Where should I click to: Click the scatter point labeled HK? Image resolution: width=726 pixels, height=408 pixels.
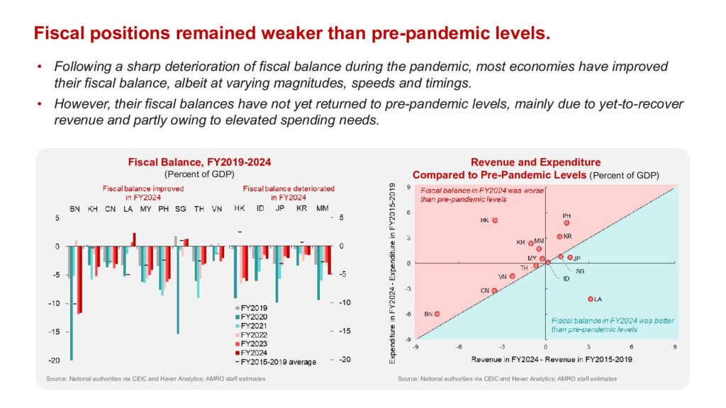[495, 220]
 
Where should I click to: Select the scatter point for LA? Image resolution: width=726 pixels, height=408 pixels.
[590, 299]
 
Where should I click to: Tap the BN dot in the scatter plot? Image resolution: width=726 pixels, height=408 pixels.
[437, 314]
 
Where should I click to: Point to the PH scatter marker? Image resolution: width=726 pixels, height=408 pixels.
[566, 222]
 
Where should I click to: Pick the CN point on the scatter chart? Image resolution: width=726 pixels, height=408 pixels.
[494, 290]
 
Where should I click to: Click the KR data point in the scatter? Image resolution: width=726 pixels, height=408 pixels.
[559, 237]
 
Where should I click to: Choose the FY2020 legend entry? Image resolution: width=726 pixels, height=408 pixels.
[256, 317]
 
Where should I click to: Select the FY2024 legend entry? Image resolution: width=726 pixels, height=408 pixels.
[256, 352]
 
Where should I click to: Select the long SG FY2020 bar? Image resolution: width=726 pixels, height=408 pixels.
[178, 290]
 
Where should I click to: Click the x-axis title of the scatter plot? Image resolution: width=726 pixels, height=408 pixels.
[545, 360]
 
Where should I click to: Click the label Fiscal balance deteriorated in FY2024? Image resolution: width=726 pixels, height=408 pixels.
[289, 193]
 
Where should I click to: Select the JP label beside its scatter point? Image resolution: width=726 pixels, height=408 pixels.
[577, 259]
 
